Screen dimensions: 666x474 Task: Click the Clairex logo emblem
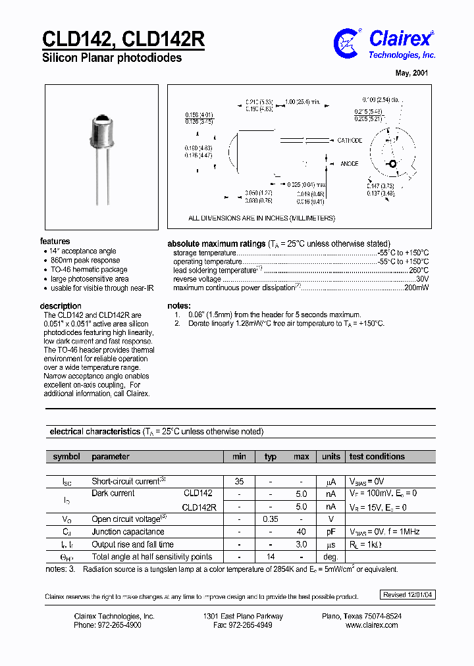point(348,43)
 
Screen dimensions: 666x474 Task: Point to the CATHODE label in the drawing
point(350,141)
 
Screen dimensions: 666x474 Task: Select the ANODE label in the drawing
point(349,164)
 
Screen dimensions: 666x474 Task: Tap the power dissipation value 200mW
point(415,288)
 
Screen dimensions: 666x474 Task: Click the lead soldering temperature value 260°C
point(419,270)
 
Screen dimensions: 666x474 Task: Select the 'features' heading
point(55,242)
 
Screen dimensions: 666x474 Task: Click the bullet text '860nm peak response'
point(86,261)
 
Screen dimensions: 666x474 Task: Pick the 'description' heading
point(61,306)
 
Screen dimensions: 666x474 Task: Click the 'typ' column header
point(271,457)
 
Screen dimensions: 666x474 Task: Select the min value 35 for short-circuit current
point(239,482)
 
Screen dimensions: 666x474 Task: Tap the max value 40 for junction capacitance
point(301,532)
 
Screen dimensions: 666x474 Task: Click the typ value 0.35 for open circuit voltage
point(271,519)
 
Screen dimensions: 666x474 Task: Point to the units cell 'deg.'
point(330,557)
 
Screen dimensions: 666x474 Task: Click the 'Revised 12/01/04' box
point(408,595)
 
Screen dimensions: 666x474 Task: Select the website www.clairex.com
point(372,625)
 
